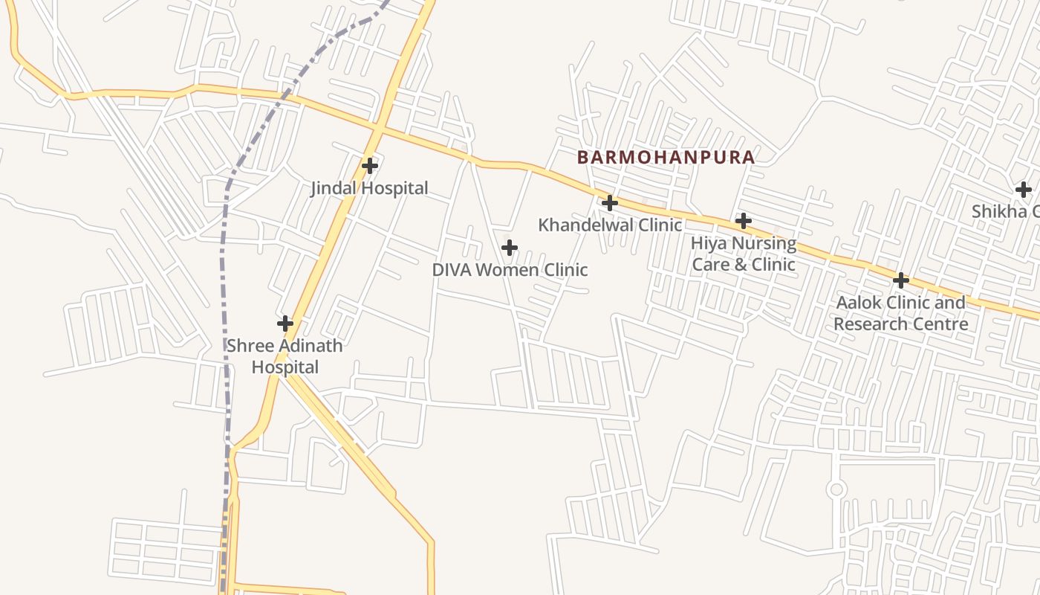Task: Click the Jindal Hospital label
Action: (x=369, y=188)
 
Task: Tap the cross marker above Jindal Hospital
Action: (x=370, y=165)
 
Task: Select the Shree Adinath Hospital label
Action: (x=285, y=356)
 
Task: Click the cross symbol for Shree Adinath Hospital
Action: (x=285, y=324)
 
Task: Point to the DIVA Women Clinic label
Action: (x=510, y=269)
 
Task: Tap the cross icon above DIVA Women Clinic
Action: (x=510, y=248)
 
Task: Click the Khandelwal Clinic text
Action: (x=609, y=225)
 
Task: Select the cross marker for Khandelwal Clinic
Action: (x=610, y=202)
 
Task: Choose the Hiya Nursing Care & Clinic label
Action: (x=743, y=254)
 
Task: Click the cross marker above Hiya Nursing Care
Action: (x=743, y=221)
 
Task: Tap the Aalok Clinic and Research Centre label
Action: (x=900, y=313)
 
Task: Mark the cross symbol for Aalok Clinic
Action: (x=901, y=280)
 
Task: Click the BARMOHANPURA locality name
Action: (x=666, y=158)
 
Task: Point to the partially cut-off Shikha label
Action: (x=1005, y=211)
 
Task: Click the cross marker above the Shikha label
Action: (x=1024, y=189)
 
